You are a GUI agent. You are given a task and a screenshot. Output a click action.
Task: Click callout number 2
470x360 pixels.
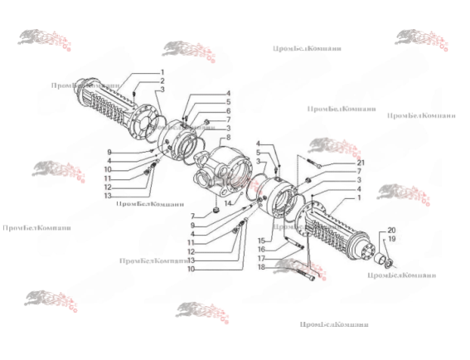pos(162,80)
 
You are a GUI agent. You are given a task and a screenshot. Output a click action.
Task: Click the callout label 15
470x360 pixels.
pos(260,241)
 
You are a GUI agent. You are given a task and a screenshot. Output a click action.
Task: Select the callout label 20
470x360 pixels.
pos(392,230)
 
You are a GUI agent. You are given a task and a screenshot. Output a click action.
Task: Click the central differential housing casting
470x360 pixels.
pos(220,170)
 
